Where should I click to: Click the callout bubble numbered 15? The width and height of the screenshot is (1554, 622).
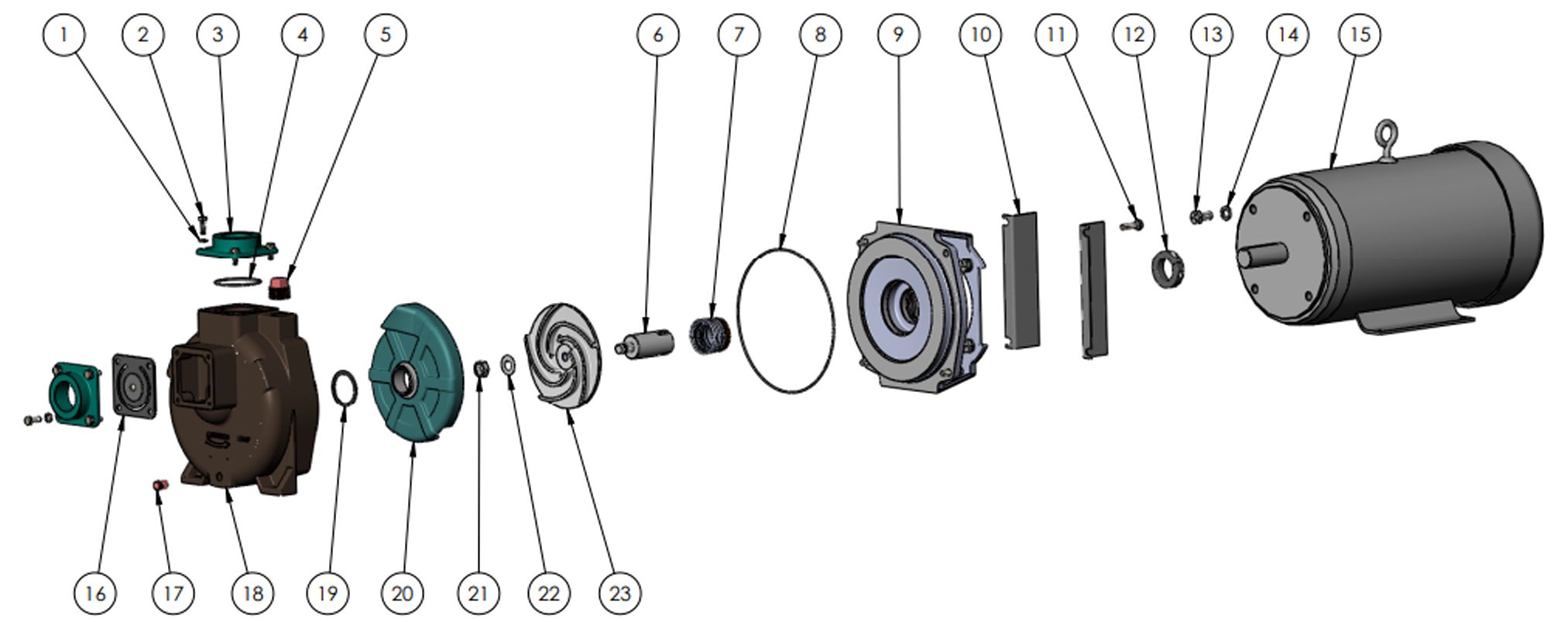click(x=1360, y=35)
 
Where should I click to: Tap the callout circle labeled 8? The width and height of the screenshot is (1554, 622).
click(x=820, y=35)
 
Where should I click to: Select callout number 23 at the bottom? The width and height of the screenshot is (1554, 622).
click(x=620, y=593)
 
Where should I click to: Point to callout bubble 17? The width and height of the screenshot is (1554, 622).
click(x=173, y=593)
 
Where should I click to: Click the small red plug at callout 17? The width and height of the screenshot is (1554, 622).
click(x=160, y=486)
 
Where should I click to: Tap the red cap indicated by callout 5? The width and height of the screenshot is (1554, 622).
click(x=279, y=289)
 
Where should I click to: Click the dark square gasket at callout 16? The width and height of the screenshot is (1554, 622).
click(x=134, y=385)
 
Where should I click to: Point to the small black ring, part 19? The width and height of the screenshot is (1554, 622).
click(x=345, y=387)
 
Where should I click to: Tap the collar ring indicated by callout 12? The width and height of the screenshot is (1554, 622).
click(x=1168, y=267)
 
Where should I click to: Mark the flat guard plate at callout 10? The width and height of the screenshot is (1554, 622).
click(x=1021, y=280)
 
